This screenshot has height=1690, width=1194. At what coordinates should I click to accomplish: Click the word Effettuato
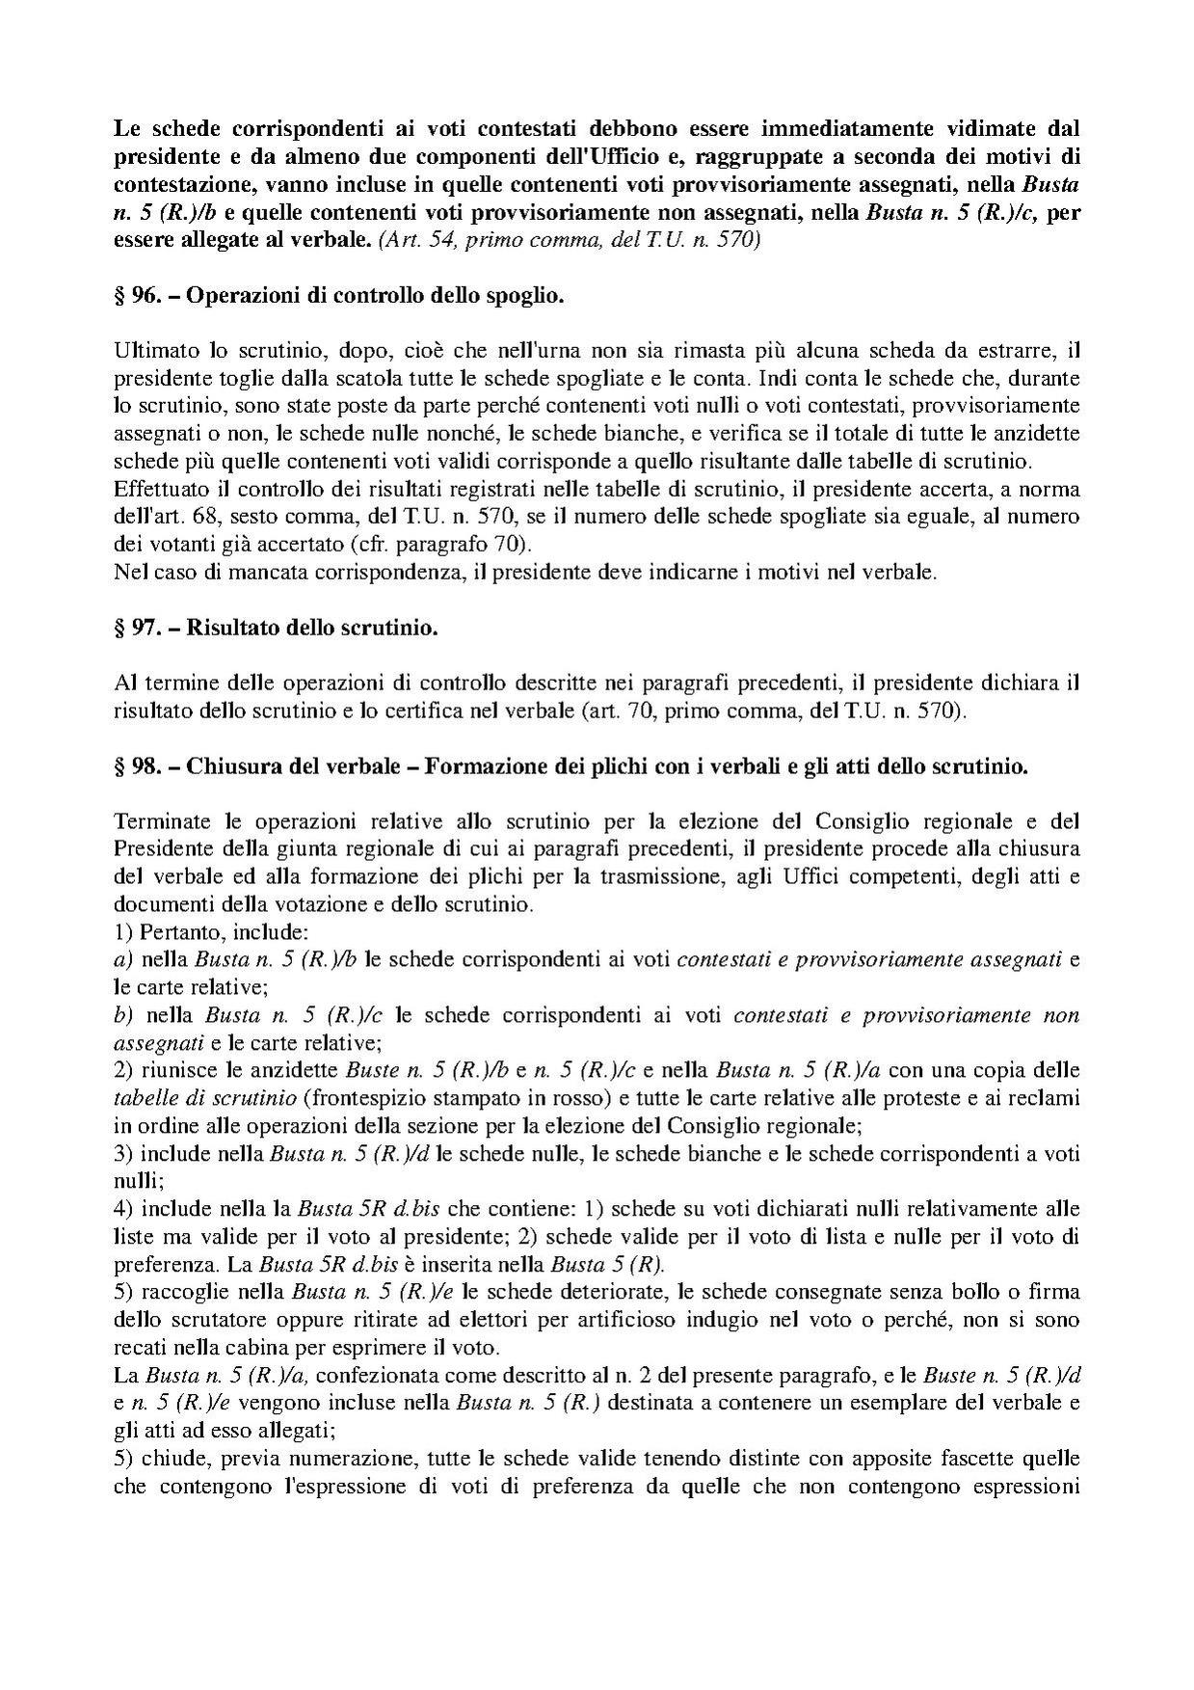pyautogui.click(x=156, y=489)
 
